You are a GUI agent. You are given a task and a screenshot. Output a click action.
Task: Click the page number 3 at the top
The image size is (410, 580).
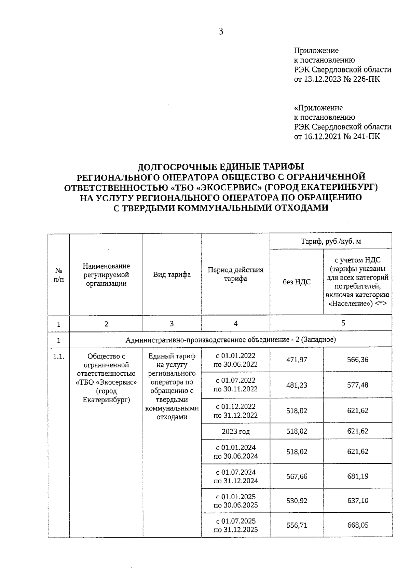[x=220, y=32]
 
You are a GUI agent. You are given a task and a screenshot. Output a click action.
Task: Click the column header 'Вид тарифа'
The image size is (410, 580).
[x=172, y=274]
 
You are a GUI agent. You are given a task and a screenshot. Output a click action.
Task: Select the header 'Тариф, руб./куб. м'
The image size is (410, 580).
[x=331, y=242]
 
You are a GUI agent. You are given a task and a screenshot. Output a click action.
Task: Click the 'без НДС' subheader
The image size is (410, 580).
[x=297, y=282]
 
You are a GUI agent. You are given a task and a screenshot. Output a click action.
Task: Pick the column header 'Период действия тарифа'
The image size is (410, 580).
[x=235, y=274]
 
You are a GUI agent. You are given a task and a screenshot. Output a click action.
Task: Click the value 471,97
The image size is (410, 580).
[x=297, y=360]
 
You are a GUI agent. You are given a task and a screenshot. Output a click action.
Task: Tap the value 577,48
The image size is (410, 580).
[x=358, y=385]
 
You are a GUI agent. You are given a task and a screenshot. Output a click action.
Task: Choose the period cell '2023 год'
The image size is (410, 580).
[x=235, y=431]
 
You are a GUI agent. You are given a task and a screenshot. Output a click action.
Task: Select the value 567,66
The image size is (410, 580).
[x=297, y=476]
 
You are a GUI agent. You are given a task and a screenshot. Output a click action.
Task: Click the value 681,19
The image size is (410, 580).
[x=358, y=476]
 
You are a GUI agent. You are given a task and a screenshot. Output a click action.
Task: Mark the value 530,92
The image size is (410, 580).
[x=297, y=501]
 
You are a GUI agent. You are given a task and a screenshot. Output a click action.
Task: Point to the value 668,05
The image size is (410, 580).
[x=358, y=525]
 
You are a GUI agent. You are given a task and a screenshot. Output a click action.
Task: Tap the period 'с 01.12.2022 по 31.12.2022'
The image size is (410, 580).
[x=235, y=411]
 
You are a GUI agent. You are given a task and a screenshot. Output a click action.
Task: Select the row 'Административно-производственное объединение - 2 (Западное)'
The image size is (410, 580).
[x=231, y=340]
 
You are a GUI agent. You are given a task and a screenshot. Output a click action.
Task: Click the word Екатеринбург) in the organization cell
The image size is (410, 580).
[x=106, y=400]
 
